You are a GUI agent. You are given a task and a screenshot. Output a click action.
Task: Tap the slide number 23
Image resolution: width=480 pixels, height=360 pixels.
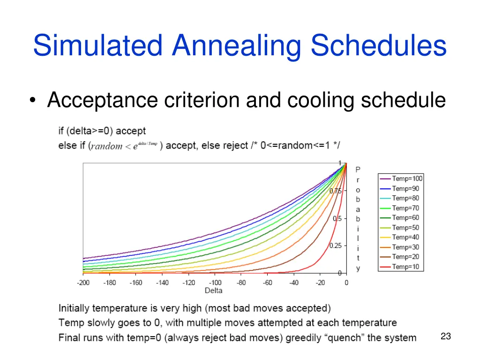(446, 336)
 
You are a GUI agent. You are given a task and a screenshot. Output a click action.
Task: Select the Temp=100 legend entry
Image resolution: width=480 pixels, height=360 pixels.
(401, 179)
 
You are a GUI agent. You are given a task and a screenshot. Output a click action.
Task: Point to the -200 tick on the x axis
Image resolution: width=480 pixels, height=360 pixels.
(83, 283)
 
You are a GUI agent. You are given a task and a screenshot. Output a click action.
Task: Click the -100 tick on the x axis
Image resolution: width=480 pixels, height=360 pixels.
(215, 283)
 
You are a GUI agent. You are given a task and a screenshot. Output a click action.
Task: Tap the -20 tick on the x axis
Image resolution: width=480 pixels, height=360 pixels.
(321, 283)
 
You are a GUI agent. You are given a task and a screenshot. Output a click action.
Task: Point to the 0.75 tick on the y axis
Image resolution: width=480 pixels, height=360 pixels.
(335, 191)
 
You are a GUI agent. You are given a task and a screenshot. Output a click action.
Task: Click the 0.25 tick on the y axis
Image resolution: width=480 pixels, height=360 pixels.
(335, 246)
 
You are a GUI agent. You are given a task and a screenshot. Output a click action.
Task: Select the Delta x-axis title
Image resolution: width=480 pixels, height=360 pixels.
(213, 291)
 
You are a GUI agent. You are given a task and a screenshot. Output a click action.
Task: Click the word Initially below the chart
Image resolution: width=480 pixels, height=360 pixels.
(74, 308)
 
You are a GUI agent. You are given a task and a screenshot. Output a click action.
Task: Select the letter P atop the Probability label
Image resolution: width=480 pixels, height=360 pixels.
(358, 170)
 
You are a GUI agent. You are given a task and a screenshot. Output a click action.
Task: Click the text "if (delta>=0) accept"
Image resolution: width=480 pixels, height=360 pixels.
(102, 131)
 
